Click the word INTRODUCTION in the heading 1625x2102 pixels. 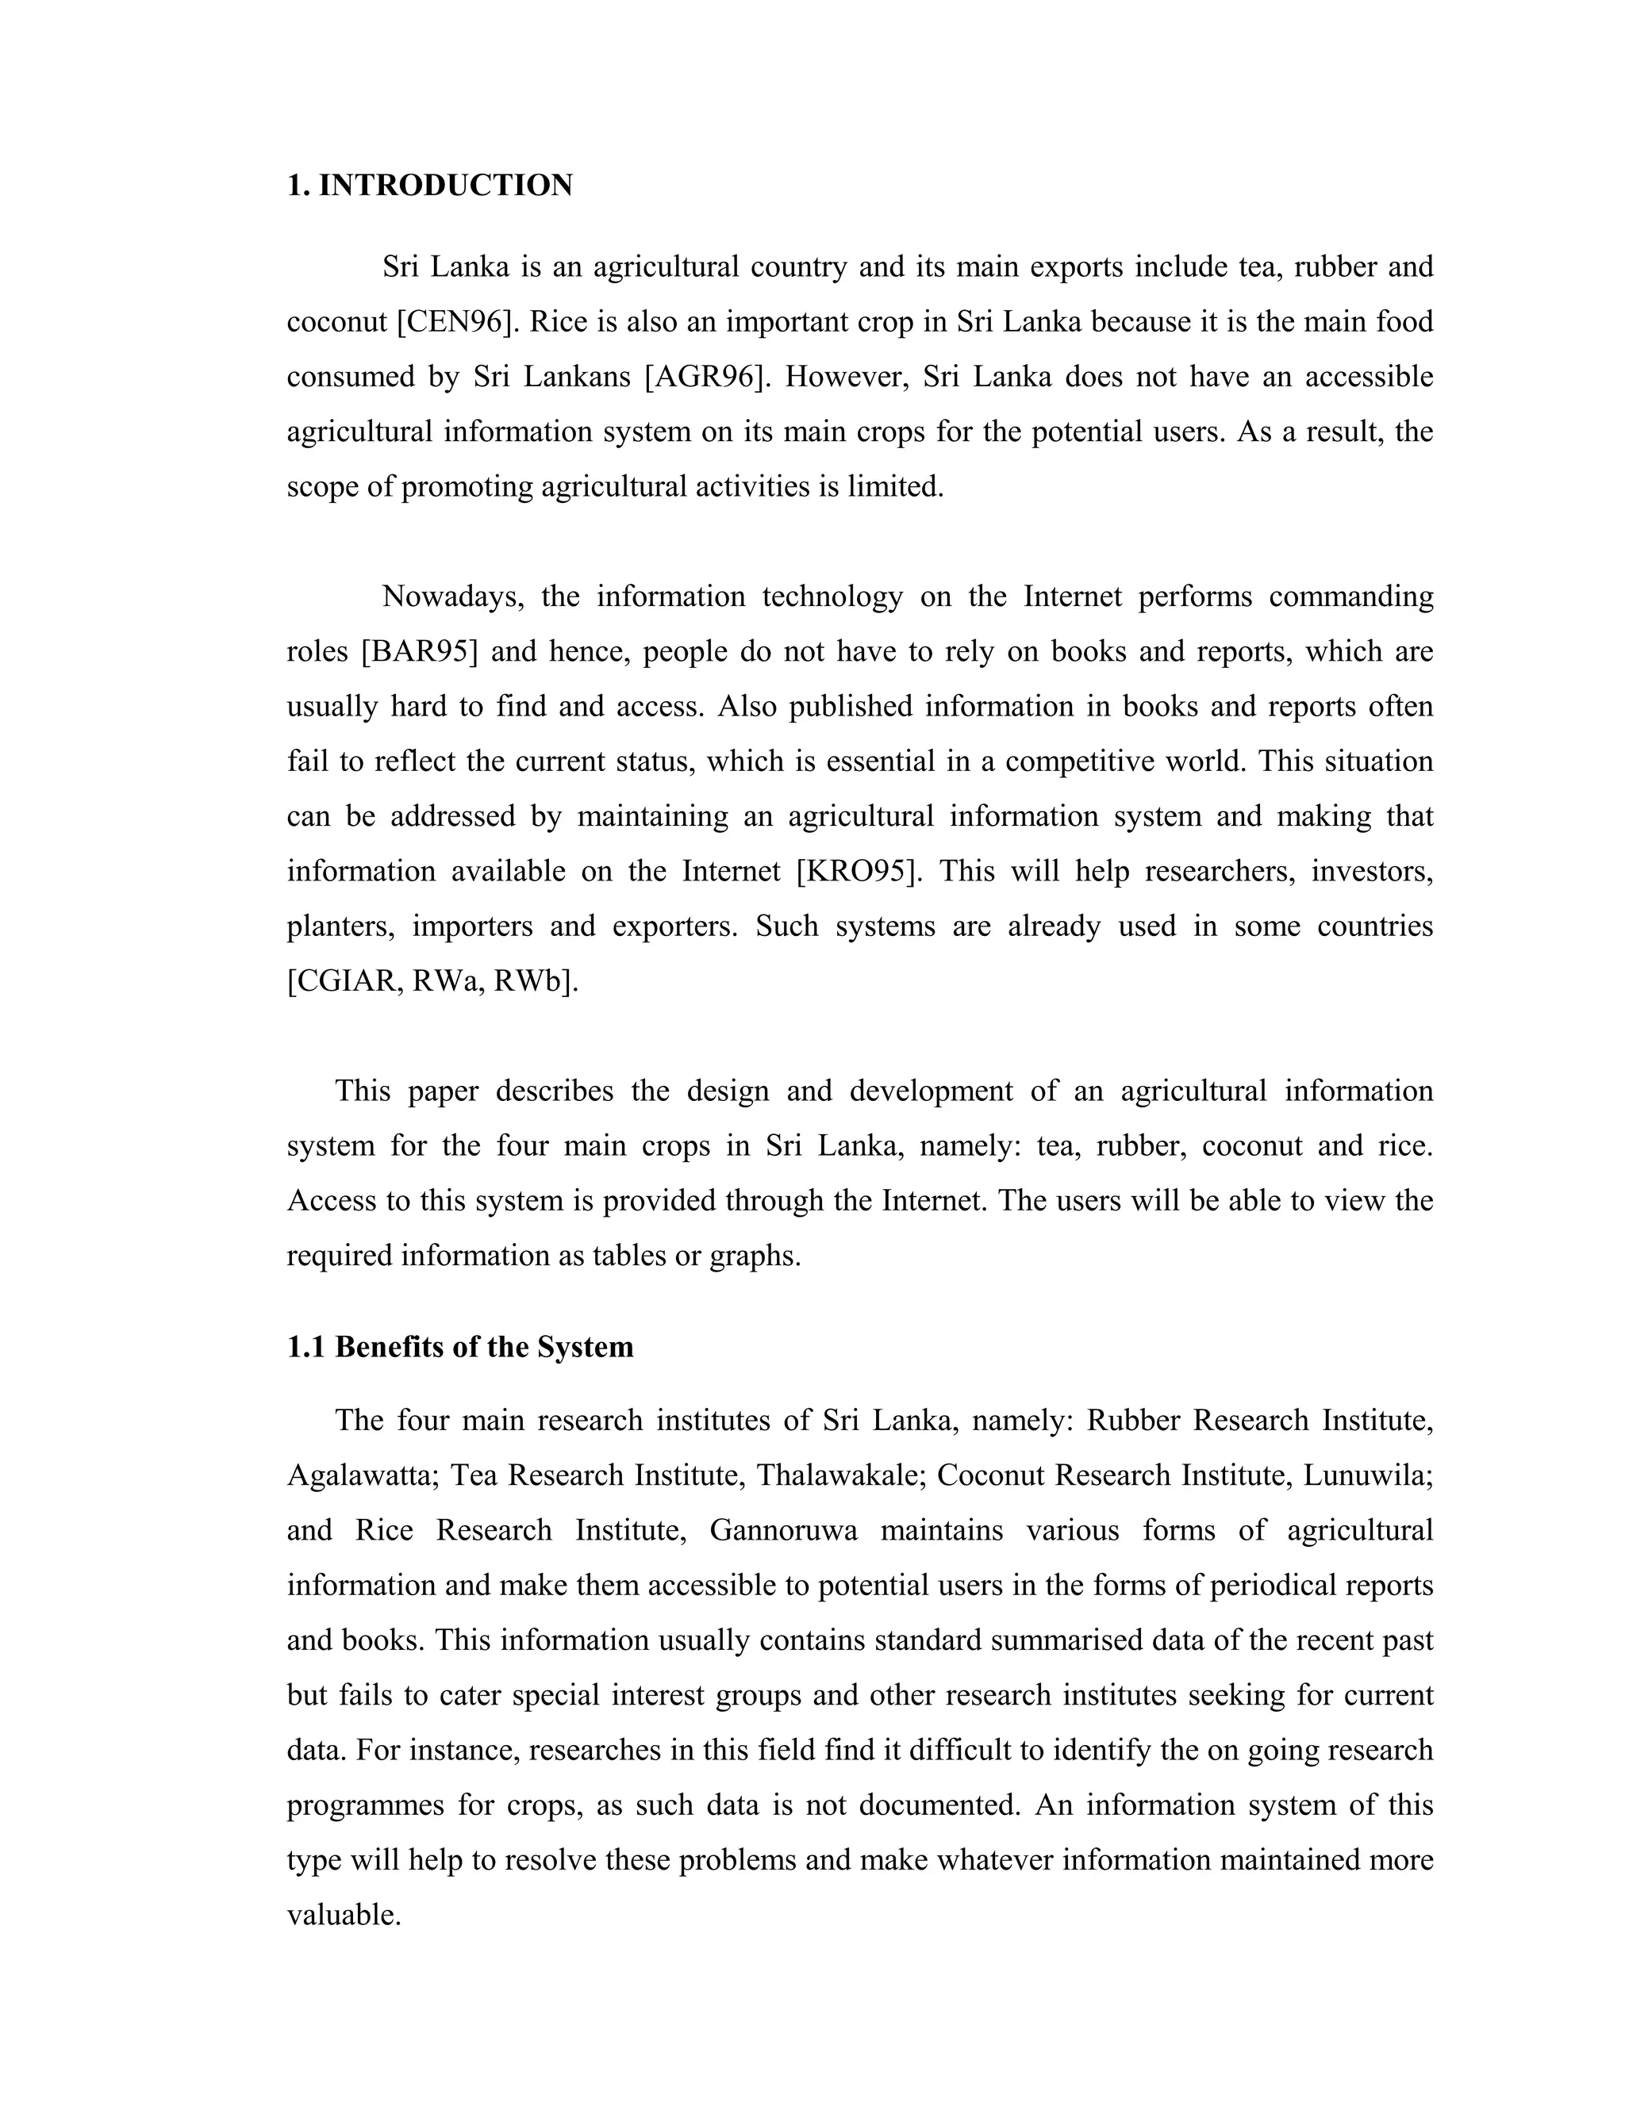445,186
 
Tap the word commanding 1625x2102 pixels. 1350,596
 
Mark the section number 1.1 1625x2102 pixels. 306,1347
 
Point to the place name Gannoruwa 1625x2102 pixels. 782,1530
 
